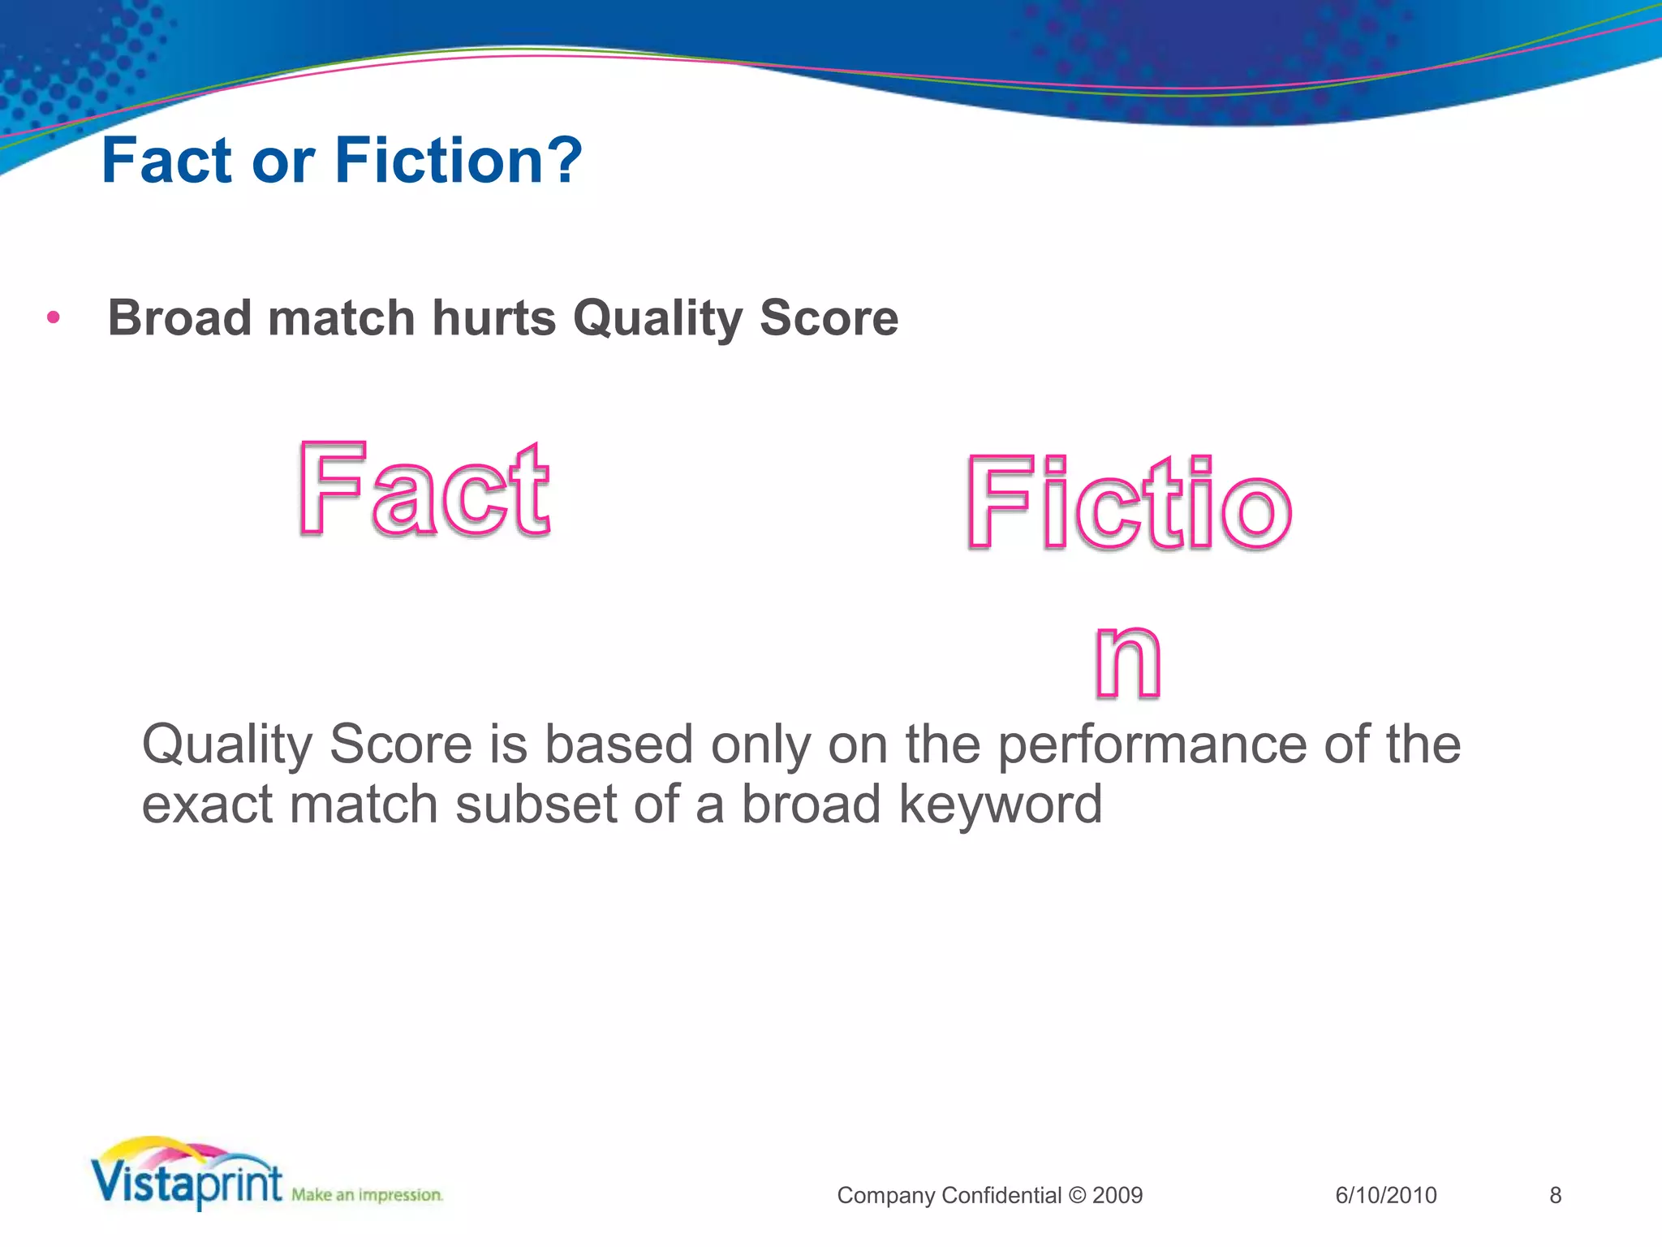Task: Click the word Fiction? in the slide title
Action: pos(458,161)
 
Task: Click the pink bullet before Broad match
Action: pos(54,317)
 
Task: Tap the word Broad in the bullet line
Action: pos(180,317)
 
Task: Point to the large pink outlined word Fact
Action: pos(424,490)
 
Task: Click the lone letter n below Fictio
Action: pos(1128,661)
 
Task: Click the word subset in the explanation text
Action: pos(536,805)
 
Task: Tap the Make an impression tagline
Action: pos(367,1195)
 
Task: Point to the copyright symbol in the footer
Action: pos(1077,1195)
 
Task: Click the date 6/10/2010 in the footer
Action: pos(1385,1195)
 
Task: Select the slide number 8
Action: pos(1555,1195)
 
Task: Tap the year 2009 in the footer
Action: pos(1117,1195)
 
